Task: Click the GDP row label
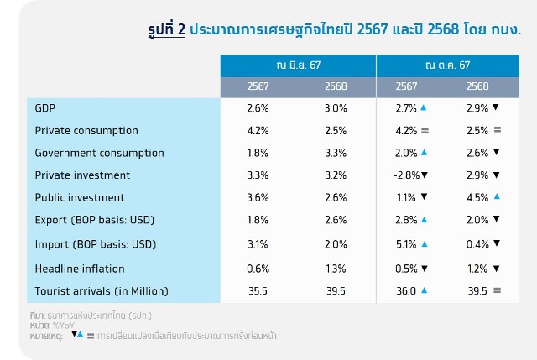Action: pyautogui.click(x=46, y=108)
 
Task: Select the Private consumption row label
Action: pyautogui.click(x=86, y=131)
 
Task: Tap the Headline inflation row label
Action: pyautogui.click(x=80, y=268)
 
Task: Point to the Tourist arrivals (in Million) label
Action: pyautogui.click(x=102, y=290)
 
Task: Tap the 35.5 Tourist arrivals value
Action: pyautogui.click(x=258, y=290)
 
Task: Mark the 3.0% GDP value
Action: pyautogui.click(x=336, y=108)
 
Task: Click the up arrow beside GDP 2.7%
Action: pyautogui.click(x=424, y=108)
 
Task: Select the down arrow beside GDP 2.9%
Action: pyautogui.click(x=496, y=108)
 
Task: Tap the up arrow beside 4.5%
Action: pyautogui.click(x=497, y=197)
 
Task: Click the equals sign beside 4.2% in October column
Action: pyautogui.click(x=425, y=131)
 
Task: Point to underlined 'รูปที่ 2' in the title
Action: pyautogui.click(x=164, y=29)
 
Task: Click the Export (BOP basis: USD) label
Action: pyautogui.click(x=95, y=221)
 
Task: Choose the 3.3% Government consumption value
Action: pyautogui.click(x=336, y=153)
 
